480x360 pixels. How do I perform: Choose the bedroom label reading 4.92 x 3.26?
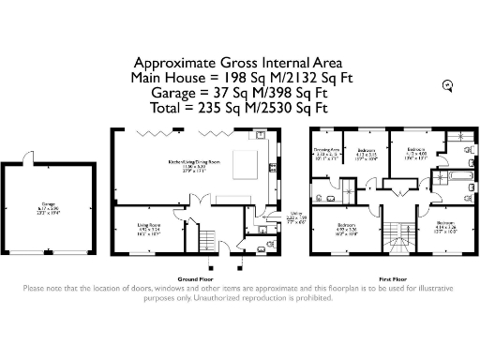click(x=347, y=228)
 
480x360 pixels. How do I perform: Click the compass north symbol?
click(x=448, y=85)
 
